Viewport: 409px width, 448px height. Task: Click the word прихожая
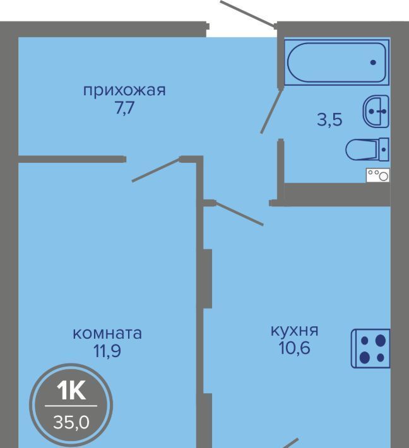[124, 91]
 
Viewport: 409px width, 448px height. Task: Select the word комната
[107, 334]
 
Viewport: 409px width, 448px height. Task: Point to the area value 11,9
[107, 351]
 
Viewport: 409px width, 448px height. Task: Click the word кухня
[294, 331]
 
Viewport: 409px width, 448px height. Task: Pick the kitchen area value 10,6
[294, 348]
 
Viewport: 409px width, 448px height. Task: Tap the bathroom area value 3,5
[329, 120]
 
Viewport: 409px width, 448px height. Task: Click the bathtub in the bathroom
[337, 62]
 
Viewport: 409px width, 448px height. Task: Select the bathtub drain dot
[373, 62]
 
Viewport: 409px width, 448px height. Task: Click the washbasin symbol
[376, 111]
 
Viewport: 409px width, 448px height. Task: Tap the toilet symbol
[367, 149]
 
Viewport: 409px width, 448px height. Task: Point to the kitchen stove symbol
[370, 348]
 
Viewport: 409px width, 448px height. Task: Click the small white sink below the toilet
[378, 175]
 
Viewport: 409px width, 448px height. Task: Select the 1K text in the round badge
[71, 391]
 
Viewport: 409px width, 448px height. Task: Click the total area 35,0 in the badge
[71, 422]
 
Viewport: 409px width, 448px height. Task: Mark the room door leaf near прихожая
[157, 170]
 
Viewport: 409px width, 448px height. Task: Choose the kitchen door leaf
[239, 213]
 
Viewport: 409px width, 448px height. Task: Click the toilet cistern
[384, 149]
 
